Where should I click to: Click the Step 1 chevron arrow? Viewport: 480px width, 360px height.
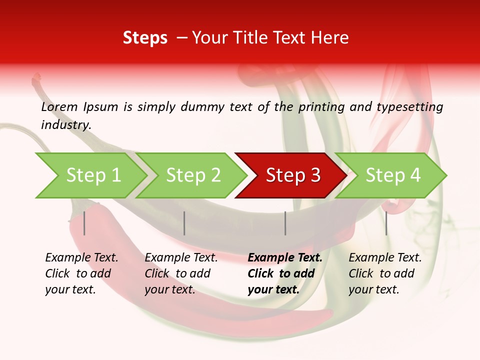(x=92, y=175)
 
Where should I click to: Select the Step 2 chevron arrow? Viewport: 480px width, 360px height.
(x=192, y=175)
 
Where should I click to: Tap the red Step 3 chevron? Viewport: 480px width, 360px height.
(x=292, y=175)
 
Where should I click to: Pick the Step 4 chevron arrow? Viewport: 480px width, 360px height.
(x=392, y=175)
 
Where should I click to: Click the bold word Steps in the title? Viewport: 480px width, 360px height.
(x=145, y=38)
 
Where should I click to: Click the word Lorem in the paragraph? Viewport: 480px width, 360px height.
(x=59, y=106)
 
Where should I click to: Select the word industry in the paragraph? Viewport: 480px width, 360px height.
(x=66, y=124)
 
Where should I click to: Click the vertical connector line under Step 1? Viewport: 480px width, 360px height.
(x=84, y=223)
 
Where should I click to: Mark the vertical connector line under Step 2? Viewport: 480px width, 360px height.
(x=184, y=223)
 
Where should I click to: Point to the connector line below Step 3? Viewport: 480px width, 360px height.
(x=285, y=223)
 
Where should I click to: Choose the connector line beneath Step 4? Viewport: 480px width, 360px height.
(x=386, y=223)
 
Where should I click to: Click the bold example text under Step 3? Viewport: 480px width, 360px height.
(x=285, y=273)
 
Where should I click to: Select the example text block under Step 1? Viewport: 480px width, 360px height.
(x=81, y=273)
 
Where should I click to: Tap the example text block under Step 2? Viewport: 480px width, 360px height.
(x=181, y=273)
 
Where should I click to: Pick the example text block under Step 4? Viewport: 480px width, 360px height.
(x=385, y=273)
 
